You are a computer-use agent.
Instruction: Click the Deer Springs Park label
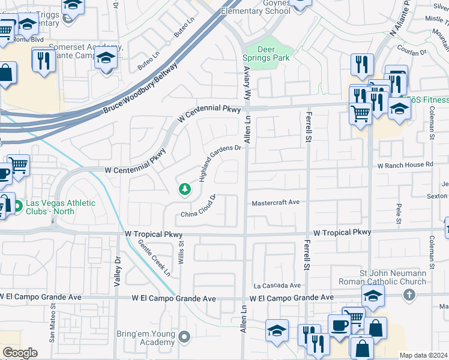pos(265,53)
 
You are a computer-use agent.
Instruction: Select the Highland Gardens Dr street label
pos(220,163)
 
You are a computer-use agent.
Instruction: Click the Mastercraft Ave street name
pos(276,203)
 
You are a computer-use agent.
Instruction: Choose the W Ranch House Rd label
pos(405,164)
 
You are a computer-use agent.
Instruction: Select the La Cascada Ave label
pos(276,286)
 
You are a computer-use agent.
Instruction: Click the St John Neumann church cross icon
pos(409,295)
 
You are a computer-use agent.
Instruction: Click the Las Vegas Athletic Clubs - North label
pos(59,207)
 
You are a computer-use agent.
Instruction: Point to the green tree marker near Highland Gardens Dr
pos(185,190)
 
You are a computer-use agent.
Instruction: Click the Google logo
pos(20,353)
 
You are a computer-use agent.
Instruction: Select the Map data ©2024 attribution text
pos(423,355)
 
